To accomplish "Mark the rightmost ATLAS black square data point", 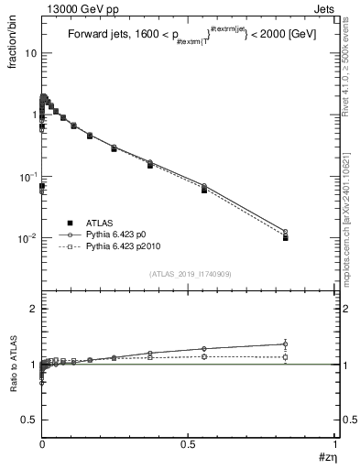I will click(311, 237).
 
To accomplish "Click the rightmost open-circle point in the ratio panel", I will click(311, 344).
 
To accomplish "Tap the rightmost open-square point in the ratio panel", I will click(311, 357).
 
